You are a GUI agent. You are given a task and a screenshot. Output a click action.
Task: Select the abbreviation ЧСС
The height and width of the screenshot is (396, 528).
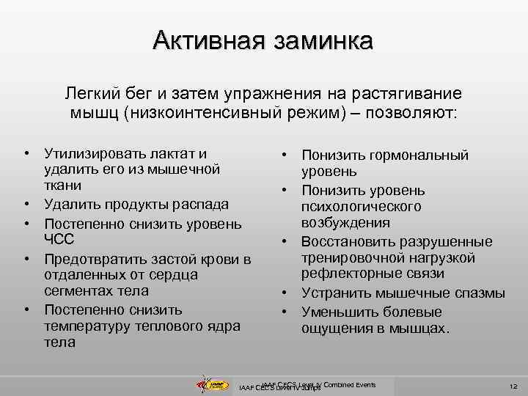[x=59, y=239]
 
